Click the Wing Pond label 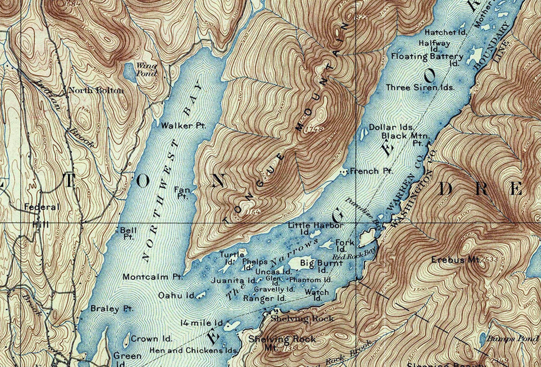tap(147, 69)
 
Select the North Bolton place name tap(96, 90)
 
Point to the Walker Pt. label tap(183, 126)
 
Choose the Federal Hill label tap(42, 215)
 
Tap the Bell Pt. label tap(128, 233)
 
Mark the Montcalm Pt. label tap(153, 277)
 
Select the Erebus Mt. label tap(455, 260)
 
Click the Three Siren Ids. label tap(420, 87)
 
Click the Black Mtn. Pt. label tap(405, 138)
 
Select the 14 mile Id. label tap(202, 322)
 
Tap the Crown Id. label tap(151, 339)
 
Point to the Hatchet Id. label tap(445, 32)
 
